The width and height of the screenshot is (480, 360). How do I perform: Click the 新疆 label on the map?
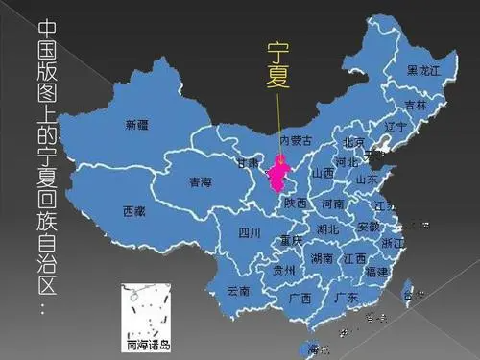136,125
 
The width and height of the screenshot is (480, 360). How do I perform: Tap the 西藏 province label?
134,210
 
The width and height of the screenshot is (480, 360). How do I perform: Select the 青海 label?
200,180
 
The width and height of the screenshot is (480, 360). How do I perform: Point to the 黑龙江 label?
423,70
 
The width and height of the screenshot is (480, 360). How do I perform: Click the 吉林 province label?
415,105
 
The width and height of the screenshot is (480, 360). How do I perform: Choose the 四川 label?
250,231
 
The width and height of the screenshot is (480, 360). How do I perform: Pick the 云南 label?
238,290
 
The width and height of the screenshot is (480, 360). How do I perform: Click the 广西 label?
300,298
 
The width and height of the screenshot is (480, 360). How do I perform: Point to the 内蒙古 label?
296,140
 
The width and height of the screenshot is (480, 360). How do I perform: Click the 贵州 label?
284,270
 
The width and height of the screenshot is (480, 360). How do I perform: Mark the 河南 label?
332,204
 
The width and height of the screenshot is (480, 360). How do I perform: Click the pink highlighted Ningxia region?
280,176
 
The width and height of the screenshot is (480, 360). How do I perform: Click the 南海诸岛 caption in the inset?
149,342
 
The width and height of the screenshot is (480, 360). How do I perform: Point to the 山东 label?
366,179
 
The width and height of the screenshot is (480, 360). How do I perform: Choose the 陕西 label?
296,203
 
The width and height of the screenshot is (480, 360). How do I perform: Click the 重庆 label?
291,239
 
